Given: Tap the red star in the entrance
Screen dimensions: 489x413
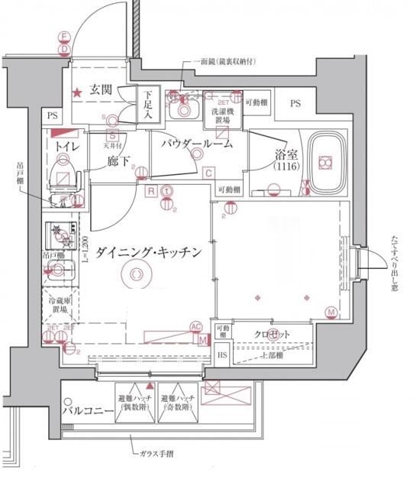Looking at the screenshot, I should (x=77, y=93).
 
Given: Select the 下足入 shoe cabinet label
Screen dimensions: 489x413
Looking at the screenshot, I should (x=149, y=105).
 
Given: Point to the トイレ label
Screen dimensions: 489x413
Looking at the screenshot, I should (x=63, y=145).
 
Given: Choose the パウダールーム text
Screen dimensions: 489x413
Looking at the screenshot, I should (x=195, y=144).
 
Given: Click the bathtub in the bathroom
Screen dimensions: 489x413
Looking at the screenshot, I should (x=327, y=161).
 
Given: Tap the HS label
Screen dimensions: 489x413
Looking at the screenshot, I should (x=222, y=355).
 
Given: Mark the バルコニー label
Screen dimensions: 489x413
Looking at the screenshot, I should (x=88, y=413).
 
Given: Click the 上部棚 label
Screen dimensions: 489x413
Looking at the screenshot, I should (x=271, y=355).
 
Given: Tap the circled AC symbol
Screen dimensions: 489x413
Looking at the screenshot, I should (x=196, y=327).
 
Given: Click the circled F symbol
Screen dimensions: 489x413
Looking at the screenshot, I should (x=65, y=37).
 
